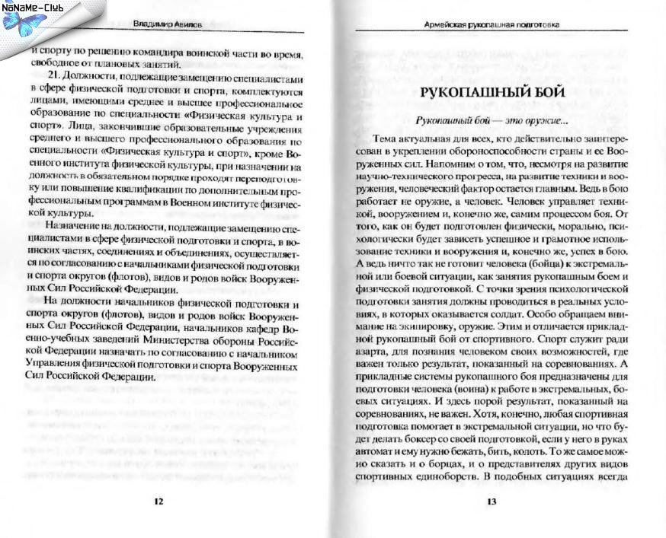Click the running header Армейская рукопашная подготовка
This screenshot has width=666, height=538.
492,25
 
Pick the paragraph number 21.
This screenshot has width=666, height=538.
53,78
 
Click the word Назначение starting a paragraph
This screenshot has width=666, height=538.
72,227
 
